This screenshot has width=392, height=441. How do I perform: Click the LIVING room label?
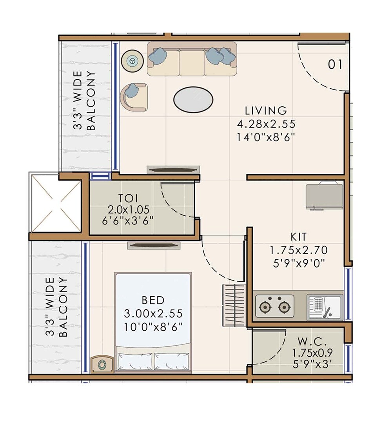point(266,110)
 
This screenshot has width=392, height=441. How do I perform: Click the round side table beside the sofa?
point(132,61)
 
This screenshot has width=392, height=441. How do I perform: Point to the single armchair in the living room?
point(134,97)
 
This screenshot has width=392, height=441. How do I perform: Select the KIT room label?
point(299,237)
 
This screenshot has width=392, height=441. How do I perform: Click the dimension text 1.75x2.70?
point(299,250)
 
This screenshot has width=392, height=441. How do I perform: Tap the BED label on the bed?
point(153,301)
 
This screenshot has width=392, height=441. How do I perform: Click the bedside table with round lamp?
point(102,364)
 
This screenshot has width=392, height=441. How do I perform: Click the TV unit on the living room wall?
point(173,169)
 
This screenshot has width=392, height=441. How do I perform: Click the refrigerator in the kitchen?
point(324,196)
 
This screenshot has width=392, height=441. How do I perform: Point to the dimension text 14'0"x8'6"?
point(266,137)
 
